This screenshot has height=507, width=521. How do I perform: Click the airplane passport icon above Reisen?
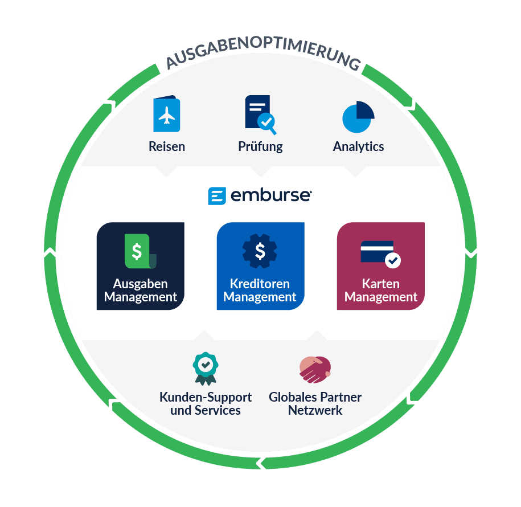coord(166,115)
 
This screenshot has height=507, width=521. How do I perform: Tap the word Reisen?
coord(167,146)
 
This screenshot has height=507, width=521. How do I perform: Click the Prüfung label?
coord(260,146)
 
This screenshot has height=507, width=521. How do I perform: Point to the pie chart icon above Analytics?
coord(358,117)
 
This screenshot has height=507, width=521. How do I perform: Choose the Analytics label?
coord(358,146)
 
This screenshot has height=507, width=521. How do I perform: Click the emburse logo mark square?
coord(217,196)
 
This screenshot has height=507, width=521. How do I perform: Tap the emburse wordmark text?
coord(270,196)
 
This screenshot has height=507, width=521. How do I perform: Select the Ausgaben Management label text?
coord(141,290)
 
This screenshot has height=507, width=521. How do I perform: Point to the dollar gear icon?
coord(260,251)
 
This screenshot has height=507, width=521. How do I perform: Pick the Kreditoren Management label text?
coord(260,290)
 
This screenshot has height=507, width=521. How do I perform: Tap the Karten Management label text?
coord(381,290)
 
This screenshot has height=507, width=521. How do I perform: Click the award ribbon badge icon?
coord(206,368)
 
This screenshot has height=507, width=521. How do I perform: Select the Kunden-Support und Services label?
coord(206,403)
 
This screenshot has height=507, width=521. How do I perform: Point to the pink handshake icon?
coord(315,369)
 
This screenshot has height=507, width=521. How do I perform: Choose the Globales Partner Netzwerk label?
coord(315,403)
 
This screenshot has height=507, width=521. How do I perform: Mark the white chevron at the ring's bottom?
coord(261,463)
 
